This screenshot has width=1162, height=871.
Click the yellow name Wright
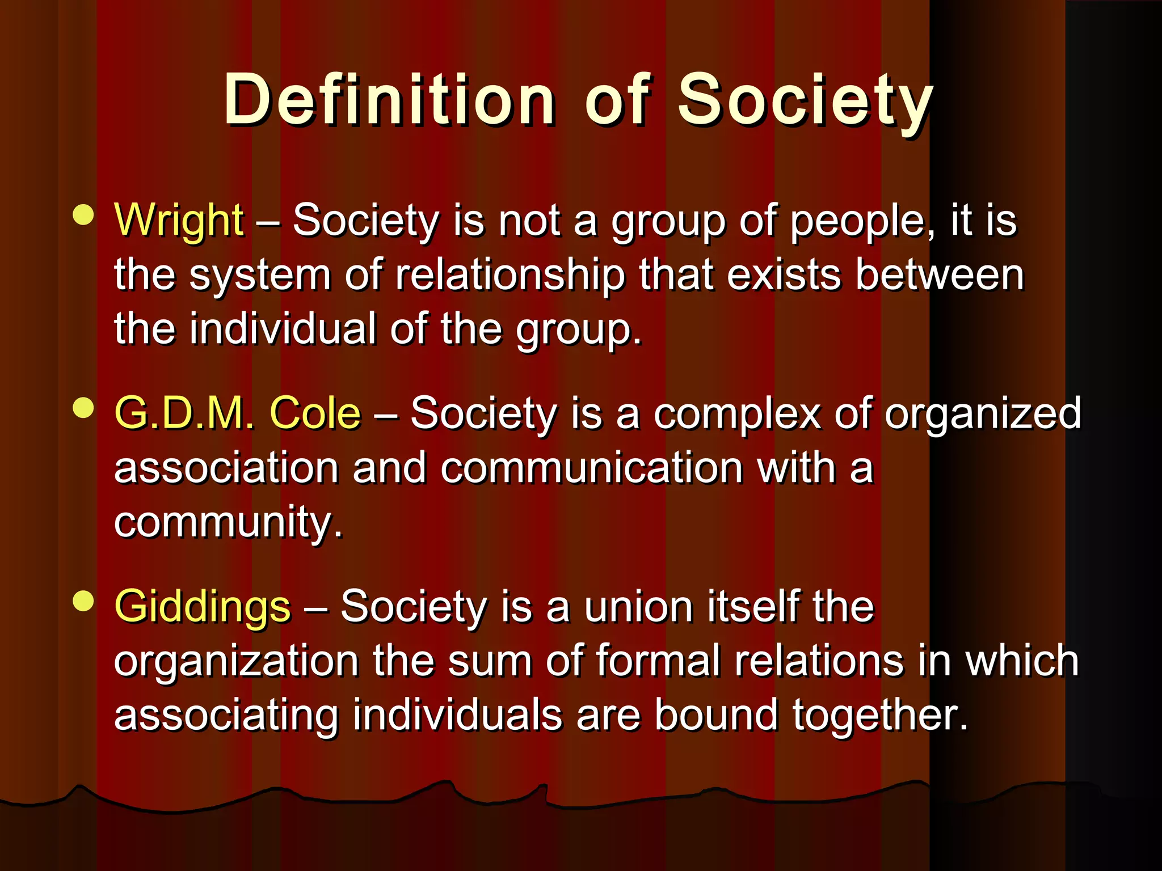click(179, 220)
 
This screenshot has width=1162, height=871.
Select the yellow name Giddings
click(203, 607)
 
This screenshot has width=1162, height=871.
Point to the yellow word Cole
click(315, 413)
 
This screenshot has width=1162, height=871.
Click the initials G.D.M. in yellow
click(184, 413)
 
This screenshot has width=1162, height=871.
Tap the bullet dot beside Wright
click(83, 215)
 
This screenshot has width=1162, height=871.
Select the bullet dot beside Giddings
click(83, 601)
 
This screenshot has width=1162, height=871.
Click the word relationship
click(510, 276)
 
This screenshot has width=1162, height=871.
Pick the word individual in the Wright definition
click(283, 329)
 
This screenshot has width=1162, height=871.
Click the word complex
click(737, 413)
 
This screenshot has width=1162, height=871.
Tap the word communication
click(591, 468)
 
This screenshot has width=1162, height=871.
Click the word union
click(638, 607)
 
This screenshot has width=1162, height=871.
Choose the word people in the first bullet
click(862, 221)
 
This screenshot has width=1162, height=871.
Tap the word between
click(939, 276)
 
